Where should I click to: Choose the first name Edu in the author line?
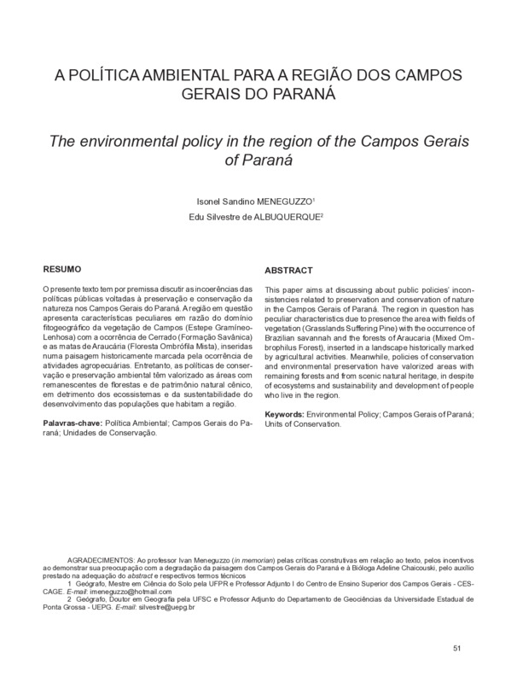[x=205, y=217]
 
